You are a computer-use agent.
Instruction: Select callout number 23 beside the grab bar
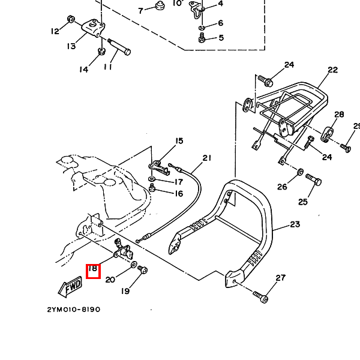(294, 225)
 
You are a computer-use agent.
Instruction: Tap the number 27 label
(280, 278)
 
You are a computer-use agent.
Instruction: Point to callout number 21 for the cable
(207, 158)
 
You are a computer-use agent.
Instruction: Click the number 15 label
(179, 142)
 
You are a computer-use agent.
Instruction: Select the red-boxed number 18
(93, 271)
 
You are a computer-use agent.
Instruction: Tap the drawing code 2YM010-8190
(73, 310)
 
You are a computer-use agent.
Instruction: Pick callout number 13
(71, 46)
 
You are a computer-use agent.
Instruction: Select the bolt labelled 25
(313, 179)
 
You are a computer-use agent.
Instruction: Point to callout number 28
(339, 115)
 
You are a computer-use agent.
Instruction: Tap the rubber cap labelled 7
(160, 7)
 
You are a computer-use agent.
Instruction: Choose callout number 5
(221, 38)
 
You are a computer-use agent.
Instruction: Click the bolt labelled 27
(260, 295)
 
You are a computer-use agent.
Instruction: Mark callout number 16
(178, 193)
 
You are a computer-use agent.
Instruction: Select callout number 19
(125, 292)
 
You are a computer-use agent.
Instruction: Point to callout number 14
(83, 70)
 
